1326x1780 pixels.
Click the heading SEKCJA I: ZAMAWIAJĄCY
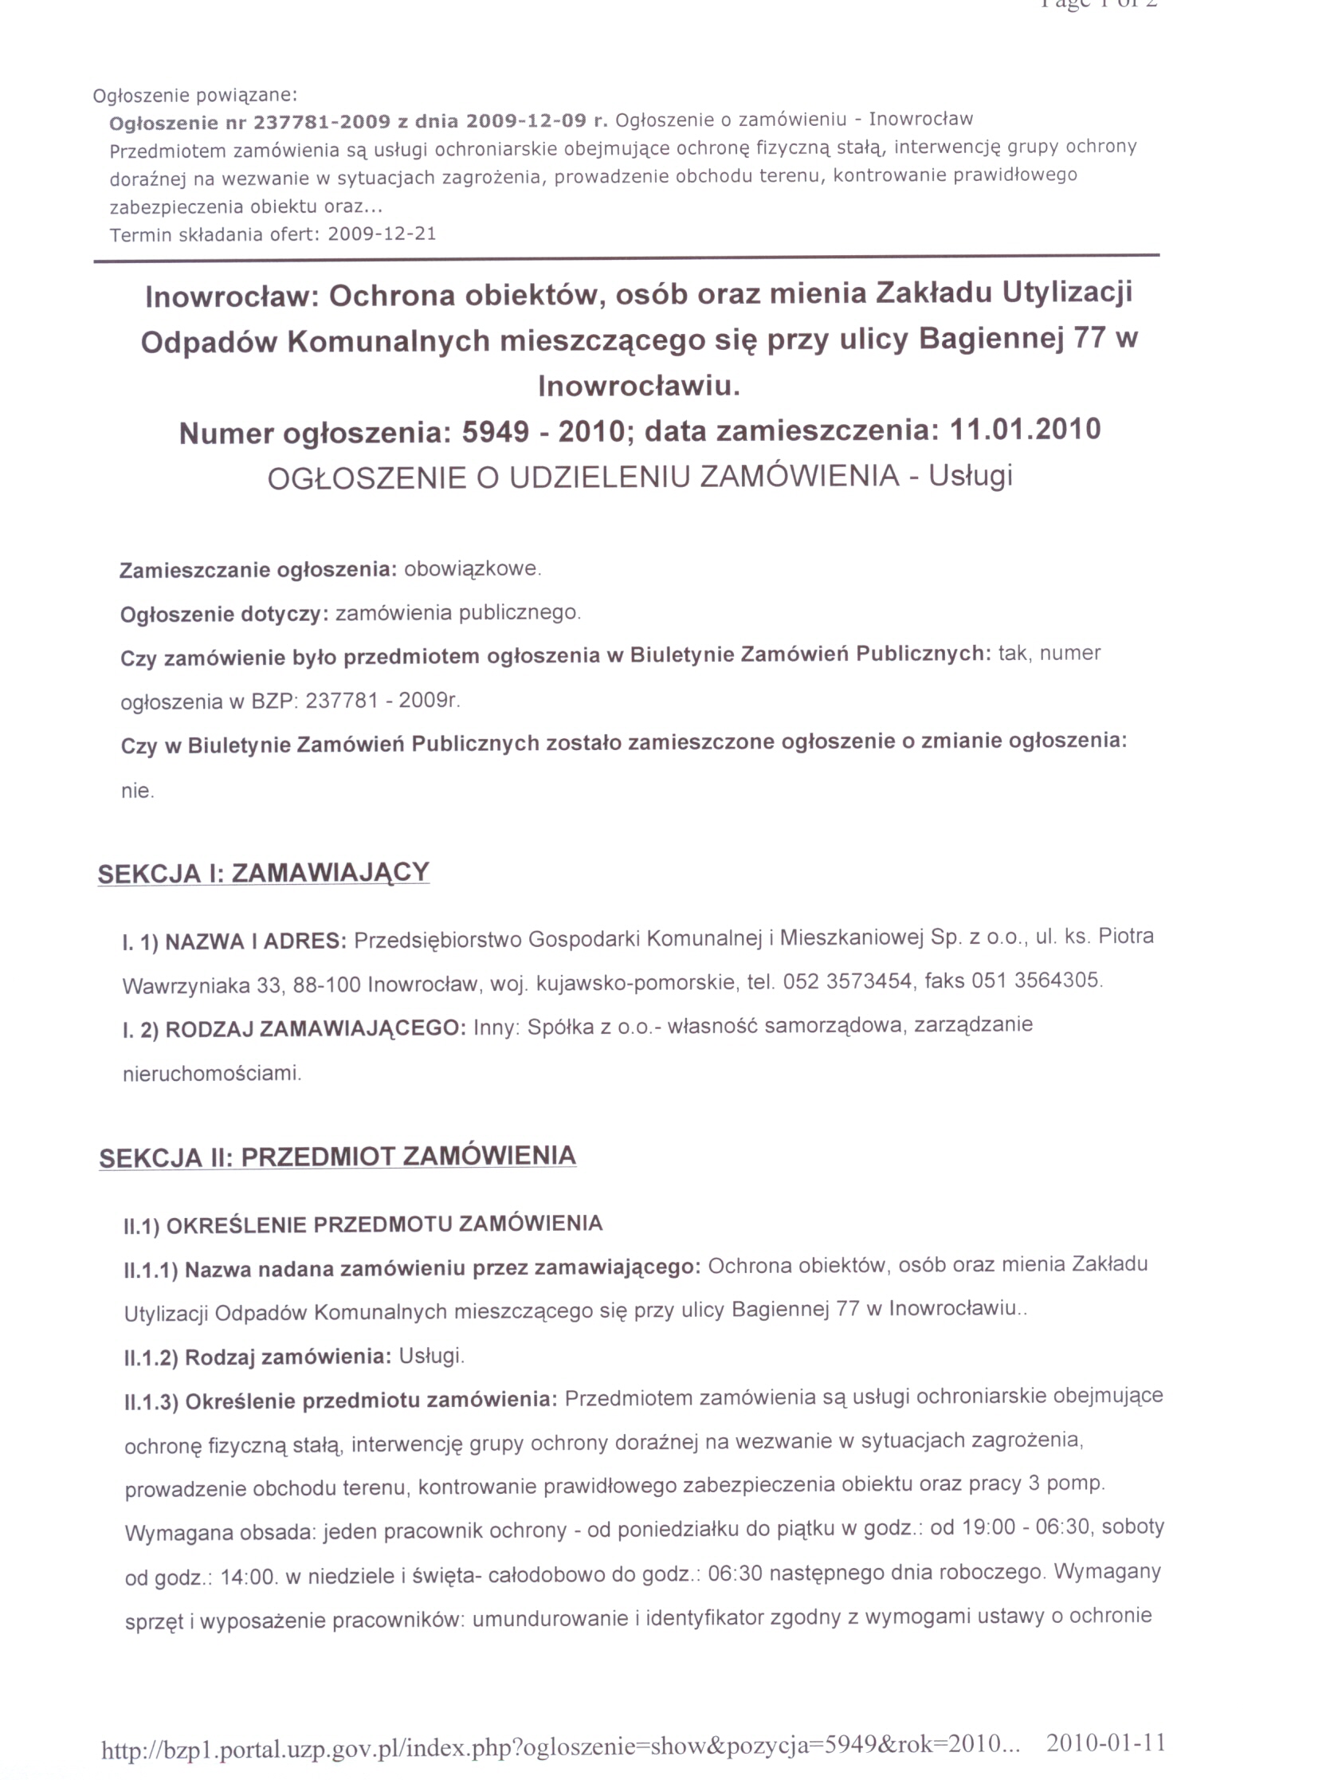coord(263,873)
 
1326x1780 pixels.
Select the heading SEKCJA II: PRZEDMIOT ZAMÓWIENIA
coord(337,1157)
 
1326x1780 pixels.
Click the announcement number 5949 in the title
coord(495,433)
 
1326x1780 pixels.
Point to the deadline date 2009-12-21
coord(381,234)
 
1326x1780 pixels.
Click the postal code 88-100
coord(327,985)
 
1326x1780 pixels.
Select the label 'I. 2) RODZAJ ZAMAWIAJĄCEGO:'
coord(294,1029)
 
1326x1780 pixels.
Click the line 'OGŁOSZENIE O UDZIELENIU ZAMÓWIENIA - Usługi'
coord(640,477)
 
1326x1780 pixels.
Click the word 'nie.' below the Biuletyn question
coord(137,791)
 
